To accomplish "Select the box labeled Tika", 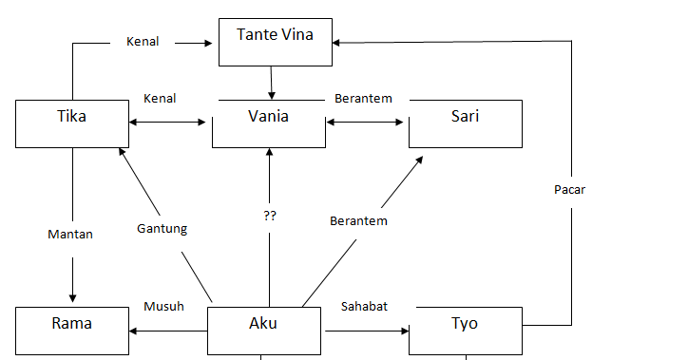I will click(x=72, y=123).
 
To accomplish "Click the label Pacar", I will click(x=569, y=189).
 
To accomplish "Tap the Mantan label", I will click(x=70, y=234).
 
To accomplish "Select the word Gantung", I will click(x=161, y=228).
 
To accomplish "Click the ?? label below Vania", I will click(x=269, y=216).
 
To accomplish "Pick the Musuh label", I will click(x=163, y=306).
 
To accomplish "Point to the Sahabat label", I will click(x=364, y=306).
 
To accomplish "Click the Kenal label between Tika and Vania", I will click(x=159, y=98).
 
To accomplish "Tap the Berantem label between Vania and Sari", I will click(x=363, y=98).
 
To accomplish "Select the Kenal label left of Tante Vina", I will click(x=143, y=42).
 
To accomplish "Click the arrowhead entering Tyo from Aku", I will click(x=403, y=331).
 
